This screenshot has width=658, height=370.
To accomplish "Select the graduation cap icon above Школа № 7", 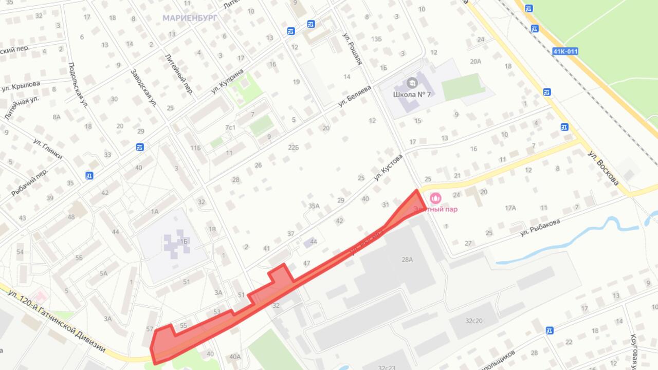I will click(412, 83).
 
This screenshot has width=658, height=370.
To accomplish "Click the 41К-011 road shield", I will click(565, 51).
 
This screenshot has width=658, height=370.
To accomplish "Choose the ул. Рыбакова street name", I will click(539, 227).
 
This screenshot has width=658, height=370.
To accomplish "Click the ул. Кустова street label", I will click(388, 168).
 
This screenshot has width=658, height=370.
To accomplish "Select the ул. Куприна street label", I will click(227, 81).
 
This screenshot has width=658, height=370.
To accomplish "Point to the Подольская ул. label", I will click(78, 85).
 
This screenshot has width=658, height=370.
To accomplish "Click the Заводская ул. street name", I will click(143, 87).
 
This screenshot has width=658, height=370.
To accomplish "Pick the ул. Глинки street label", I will click(48, 149).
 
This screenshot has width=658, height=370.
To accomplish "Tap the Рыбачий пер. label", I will click(29, 182).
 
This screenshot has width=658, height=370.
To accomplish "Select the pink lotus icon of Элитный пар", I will click(435, 198).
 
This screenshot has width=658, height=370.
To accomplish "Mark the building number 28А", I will click(407, 260).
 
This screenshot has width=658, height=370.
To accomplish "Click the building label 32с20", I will click(473, 321).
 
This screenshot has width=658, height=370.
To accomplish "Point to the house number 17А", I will click(510, 208).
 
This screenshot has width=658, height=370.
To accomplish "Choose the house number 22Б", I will click(293, 147).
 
